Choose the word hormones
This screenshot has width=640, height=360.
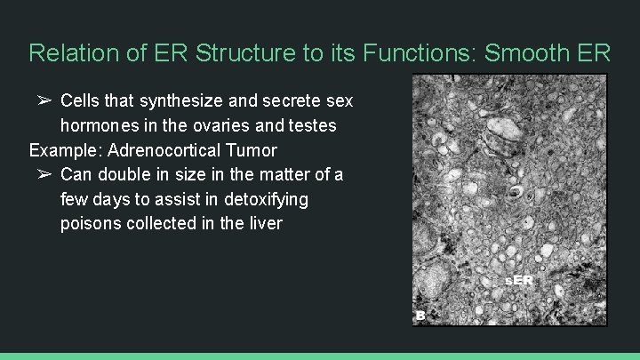[x=101, y=125]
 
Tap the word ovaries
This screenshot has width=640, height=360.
[x=218, y=125]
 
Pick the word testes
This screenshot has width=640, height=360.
[x=312, y=125]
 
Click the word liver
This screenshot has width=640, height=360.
[x=264, y=223]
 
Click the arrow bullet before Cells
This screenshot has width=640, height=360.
[x=44, y=100]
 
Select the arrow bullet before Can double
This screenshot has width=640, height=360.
[x=44, y=174]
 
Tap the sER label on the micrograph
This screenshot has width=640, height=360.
[x=519, y=280]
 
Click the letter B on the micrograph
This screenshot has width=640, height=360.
[x=421, y=315]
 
